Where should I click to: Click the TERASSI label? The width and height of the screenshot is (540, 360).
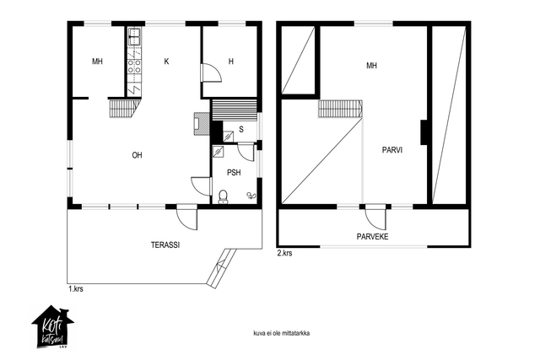click(x=165, y=245)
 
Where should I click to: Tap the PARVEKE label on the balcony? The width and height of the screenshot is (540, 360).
click(x=372, y=236)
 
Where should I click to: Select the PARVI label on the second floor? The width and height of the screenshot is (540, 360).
click(x=392, y=150)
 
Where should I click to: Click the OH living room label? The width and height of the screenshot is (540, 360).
click(x=137, y=155)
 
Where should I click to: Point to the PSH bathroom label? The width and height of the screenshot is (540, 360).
click(x=234, y=173)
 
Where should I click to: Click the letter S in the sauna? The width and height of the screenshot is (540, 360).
click(x=241, y=129)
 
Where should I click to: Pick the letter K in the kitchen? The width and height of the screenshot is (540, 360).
click(x=167, y=62)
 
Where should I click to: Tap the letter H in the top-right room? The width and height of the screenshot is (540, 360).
click(x=231, y=62)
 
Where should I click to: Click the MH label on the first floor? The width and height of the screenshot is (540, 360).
click(x=97, y=62)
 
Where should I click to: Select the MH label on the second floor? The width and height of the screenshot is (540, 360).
click(x=371, y=66)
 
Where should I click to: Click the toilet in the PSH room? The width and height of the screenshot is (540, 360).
click(x=224, y=197)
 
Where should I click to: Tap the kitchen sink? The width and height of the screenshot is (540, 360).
click(x=135, y=37)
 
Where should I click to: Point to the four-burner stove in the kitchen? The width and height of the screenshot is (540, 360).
click(x=134, y=66)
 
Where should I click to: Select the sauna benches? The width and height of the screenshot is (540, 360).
click(x=235, y=110)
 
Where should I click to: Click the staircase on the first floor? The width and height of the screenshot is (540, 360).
click(x=125, y=108)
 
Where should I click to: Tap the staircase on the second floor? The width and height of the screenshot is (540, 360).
click(x=340, y=109)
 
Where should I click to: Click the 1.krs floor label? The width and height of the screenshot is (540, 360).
click(x=76, y=289)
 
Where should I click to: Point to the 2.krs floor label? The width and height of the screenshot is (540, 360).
click(x=285, y=253)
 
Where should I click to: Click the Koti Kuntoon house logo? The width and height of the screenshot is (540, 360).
click(x=52, y=327)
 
